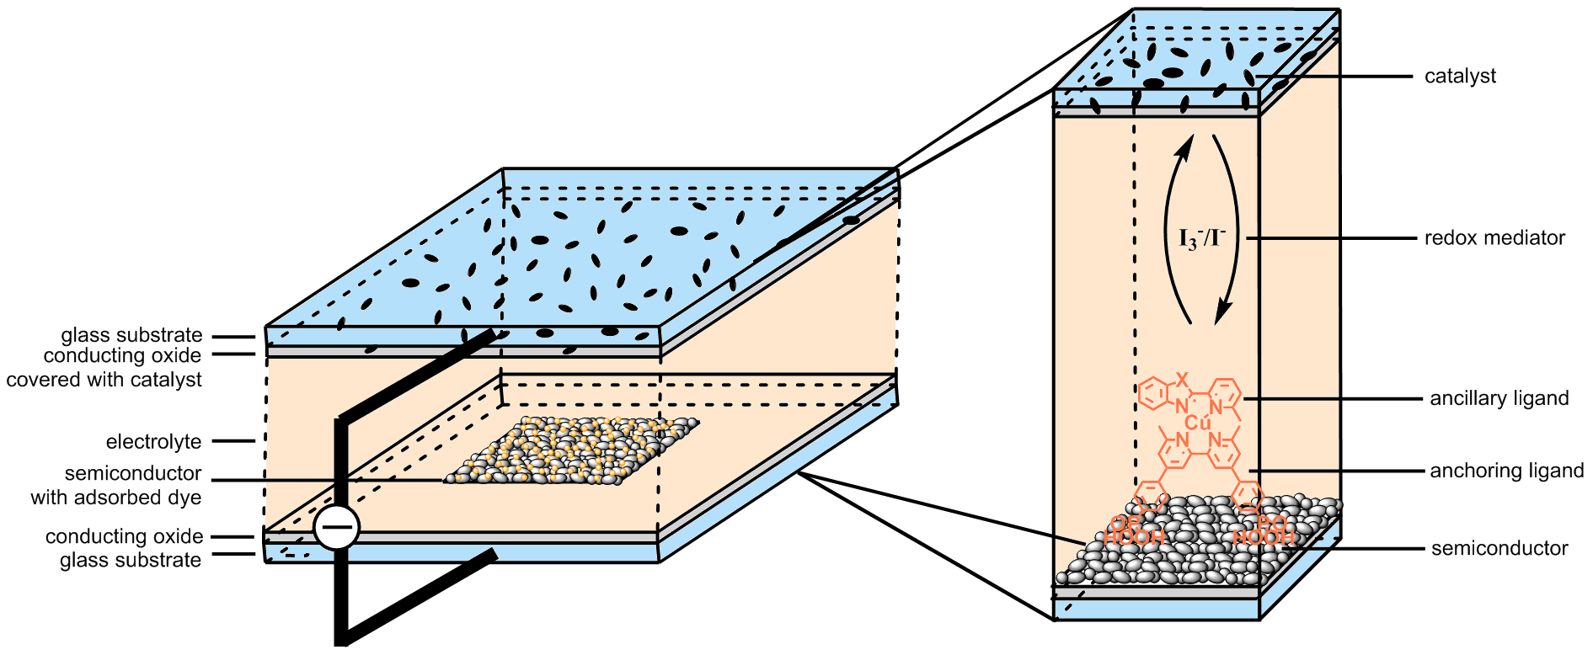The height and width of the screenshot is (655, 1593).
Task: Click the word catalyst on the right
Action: tap(1460, 76)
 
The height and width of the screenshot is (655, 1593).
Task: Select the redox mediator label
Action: tap(1494, 238)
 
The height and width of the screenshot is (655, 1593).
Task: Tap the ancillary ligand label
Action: tap(1499, 398)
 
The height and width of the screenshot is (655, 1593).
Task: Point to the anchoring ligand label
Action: tap(1506, 471)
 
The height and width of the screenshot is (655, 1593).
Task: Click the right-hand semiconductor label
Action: tap(1499, 549)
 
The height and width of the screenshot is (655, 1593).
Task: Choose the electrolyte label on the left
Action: tap(153, 442)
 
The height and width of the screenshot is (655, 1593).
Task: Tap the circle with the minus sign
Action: tap(337, 529)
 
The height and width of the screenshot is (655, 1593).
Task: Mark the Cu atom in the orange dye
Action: tap(1197, 423)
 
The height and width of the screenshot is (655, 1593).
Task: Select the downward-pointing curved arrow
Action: tap(1227, 227)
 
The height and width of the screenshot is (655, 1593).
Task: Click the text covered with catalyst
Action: tap(104, 380)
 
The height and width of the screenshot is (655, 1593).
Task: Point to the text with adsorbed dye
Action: tap(116, 498)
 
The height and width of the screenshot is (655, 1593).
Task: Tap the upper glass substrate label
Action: tap(131, 335)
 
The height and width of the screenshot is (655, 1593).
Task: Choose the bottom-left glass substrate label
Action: tap(131, 561)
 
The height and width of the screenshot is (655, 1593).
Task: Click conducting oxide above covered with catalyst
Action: tap(122, 355)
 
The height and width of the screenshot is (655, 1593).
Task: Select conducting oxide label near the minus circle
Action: tap(124, 536)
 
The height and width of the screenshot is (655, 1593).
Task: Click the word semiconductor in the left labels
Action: tap(133, 473)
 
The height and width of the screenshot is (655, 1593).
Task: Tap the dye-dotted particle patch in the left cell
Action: tap(573, 450)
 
